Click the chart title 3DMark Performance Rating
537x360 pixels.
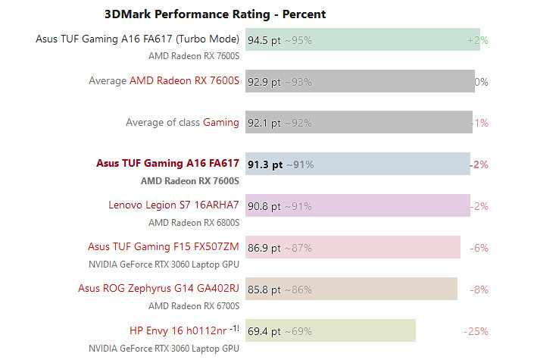[214, 14]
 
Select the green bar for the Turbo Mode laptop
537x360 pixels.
[394, 39]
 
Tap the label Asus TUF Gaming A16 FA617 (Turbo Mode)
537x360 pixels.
[137, 39]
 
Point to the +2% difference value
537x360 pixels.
[478, 39]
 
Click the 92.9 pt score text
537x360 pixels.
[265, 81]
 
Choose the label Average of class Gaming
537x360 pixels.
[182, 122]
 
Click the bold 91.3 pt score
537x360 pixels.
[266, 164]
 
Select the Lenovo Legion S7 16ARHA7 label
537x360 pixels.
[173, 205]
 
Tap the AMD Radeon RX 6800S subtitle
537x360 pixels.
[193, 222]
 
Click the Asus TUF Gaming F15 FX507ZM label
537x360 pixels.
[164, 246]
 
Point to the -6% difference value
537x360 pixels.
[479, 247]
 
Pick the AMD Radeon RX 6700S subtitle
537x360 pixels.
[193, 305]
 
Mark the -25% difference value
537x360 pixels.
[476, 330]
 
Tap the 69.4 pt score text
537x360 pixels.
[265, 330]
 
